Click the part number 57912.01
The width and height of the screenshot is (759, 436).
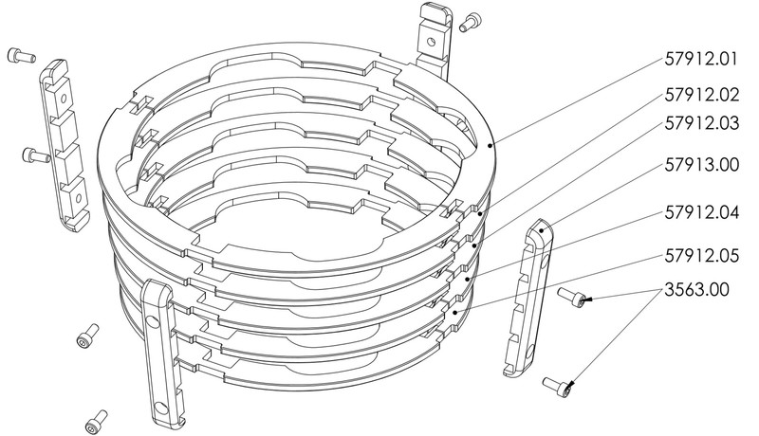pyautogui.click(x=701, y=59)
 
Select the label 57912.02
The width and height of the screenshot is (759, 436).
pyautogui.click(x=702, y=95)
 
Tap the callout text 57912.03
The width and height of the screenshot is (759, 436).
pyautogui.click(x=702, y=123)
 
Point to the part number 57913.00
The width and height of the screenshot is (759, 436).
pyautogui.click(x=702, y=165)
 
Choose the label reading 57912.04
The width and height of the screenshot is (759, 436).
pyautogui.click(x=702, y=212)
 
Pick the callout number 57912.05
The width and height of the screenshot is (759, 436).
pyautogui.click(x=702, y=256)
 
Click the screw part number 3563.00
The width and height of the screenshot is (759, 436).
pyautogui.click(x=696, y=290)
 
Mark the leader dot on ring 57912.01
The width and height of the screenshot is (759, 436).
pyautogui.click(x=491, y=144)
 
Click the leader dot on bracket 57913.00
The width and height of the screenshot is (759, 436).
pyautogui.click(x=542, y=230)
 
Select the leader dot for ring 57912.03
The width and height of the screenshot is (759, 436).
pyautogui.click(x=475, y=246)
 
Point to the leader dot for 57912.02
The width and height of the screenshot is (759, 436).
pyautogui.click(x=479, y=213)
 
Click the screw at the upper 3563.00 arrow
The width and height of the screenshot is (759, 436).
pyautogui.click(x=572, y=297)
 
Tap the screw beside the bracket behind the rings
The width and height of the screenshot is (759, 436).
pyautogui.click(x=468, y=23)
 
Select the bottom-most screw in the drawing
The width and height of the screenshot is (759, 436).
pyautogui.click(x=96, y=422)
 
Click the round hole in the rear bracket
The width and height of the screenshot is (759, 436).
pyautogui.click(x=430, y=41)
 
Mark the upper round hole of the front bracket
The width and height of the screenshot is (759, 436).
pyautogui.click(x=153, y=320)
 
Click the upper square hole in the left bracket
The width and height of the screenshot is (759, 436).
pyautogui.click(x=63, y=99)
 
